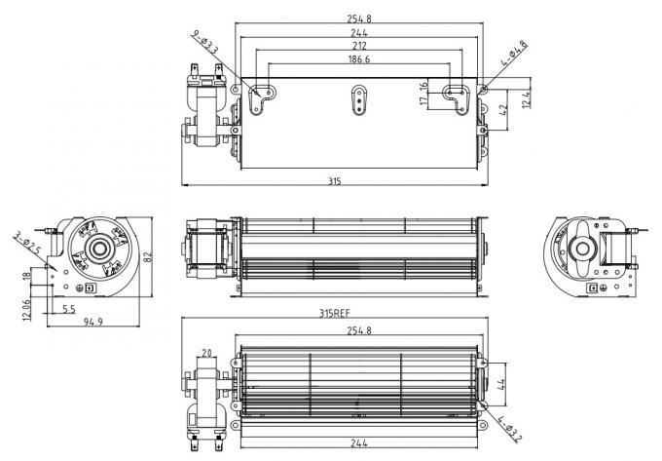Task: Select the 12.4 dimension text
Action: (527, 98)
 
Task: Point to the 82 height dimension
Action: (148, 256)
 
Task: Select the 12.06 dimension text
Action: (26, 309)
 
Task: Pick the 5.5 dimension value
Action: (69, 309)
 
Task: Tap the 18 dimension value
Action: (27, 279)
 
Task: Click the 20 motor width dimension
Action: (206, 353)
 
